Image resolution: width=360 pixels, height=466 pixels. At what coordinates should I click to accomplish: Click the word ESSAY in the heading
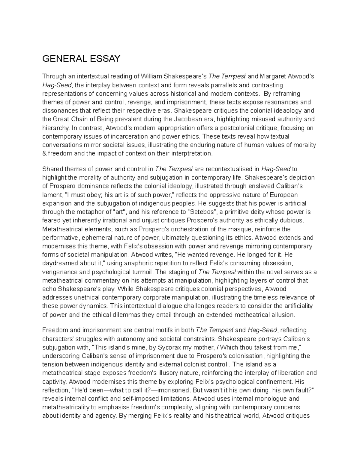pyautogui.click(x=104, y=59)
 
